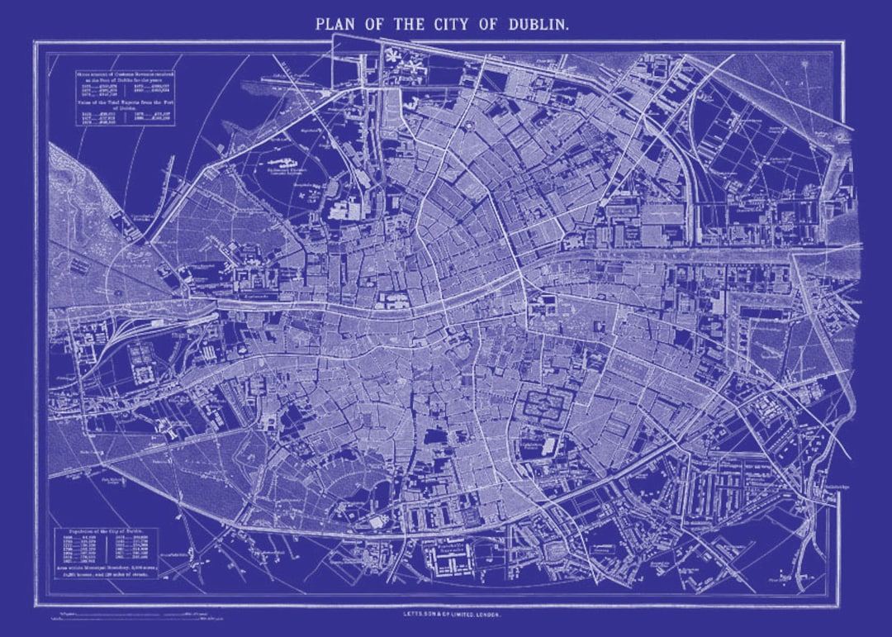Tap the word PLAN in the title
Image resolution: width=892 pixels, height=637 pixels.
(x=335, y=24)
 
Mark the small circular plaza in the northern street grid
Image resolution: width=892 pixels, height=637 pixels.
(x=468, y=126)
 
